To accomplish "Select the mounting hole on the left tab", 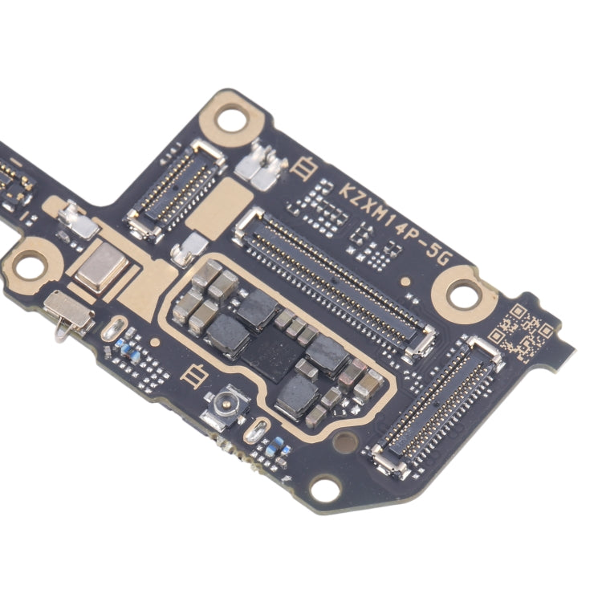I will [30, 266].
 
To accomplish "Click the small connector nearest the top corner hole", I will [175, 191].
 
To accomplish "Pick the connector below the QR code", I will [437, 405].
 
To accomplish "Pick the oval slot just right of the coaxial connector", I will [258, 432].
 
